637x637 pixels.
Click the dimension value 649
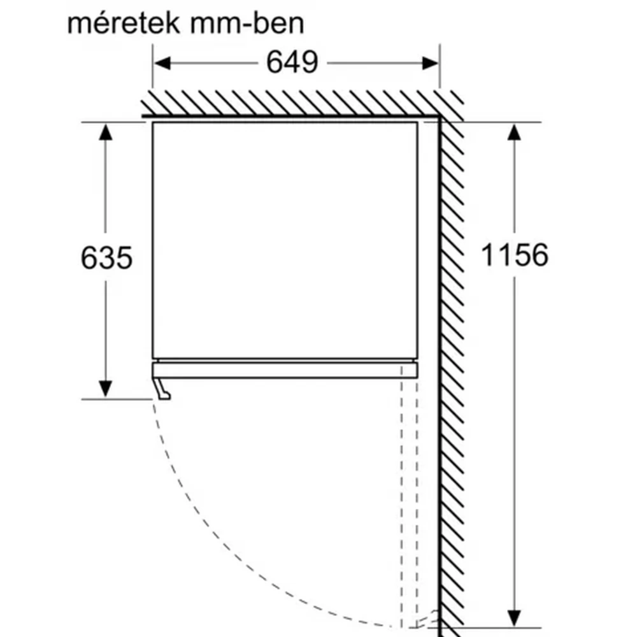(x=292, y=62)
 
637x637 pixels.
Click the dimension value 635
(x=106, y=257)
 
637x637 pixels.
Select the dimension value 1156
(x=514, y=255)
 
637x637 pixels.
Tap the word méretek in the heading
(x=123, y=24)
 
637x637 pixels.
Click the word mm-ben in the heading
(x=247, y=24)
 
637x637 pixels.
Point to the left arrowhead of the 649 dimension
(x=162, y=63)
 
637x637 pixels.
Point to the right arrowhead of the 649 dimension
(x=430, y=63)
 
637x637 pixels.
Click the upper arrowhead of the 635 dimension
(x=106, y=132)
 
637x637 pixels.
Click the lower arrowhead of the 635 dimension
(x=106, y=389)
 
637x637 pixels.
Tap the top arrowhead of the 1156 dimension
(x=514, y=132)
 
